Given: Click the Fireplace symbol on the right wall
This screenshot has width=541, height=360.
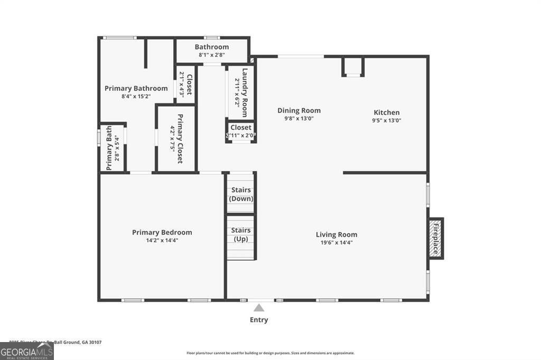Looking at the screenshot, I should [x=436, y=239].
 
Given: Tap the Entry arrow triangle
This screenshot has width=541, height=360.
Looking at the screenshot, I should [x=259, y=308].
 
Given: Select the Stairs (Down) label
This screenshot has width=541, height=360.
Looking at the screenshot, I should [x=241, y=194].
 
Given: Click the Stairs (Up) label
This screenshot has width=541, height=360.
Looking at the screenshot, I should [x=241, y=235].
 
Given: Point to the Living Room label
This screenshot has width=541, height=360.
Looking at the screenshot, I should [x=337, y=234].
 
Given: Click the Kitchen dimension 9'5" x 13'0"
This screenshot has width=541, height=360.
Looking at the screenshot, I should [x=387, y=120].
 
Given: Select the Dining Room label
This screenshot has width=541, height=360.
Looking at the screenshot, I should [x=299, y=110].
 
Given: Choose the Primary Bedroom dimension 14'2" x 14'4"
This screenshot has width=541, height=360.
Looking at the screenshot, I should [x=162, y=240].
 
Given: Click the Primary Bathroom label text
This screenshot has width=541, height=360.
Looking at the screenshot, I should [x=136, y=88].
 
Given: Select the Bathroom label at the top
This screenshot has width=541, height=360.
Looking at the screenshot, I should [x=211, y=47].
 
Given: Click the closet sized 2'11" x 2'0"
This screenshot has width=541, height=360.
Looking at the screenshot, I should [x=241, y=131].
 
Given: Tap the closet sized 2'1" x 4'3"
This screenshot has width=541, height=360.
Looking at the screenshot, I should [x=185, y=83].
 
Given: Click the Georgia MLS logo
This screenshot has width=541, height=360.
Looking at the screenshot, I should [x=26, y=351].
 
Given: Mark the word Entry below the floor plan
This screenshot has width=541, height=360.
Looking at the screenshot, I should [x=259, y=320].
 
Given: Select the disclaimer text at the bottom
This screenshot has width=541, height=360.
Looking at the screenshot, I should [x=270, y=353].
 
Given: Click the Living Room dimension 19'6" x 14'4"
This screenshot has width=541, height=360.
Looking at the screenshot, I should [x=337, y=243].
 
